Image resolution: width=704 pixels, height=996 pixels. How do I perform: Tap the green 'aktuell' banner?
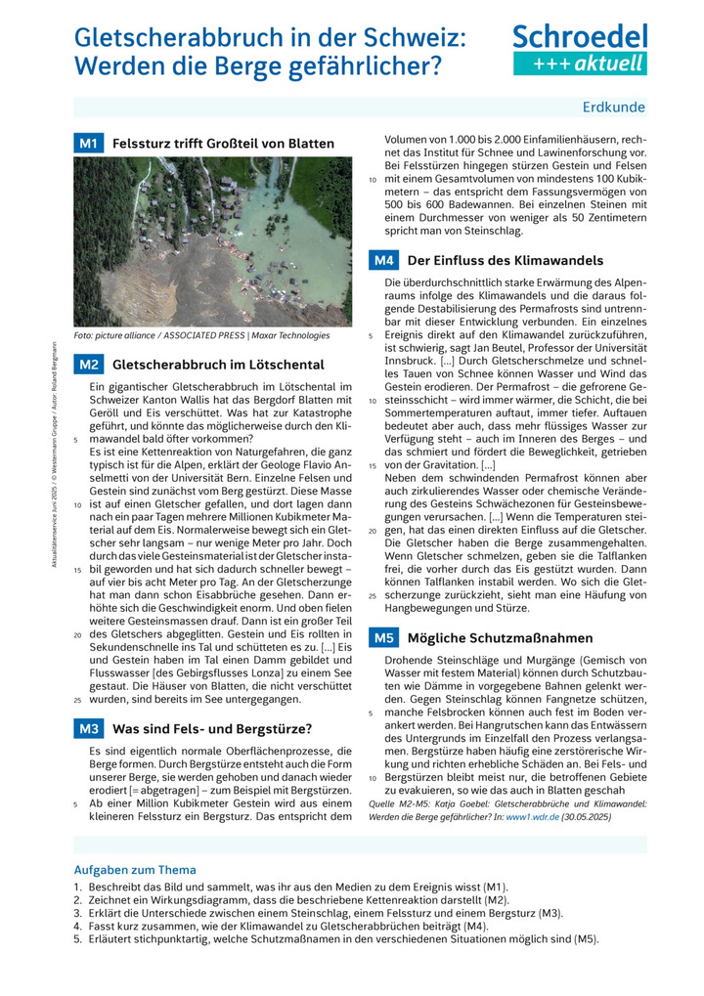(x=580, y=64)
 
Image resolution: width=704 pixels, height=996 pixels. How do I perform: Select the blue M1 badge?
(x=88, y=144)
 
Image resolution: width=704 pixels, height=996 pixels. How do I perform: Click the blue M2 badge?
(x=88, y=365)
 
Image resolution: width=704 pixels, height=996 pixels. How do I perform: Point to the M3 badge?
(x=88, y=728)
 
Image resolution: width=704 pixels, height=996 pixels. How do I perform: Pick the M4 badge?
(x=384, y=260)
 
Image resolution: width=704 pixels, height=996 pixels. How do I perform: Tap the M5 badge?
(x=384, y=638)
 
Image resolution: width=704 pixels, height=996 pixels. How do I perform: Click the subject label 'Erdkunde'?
(x=613, y=108)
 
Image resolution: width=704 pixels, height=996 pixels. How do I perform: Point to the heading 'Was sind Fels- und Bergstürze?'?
(x=212, y=728)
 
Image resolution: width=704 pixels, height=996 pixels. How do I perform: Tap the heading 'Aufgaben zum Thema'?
(x=135, y=869)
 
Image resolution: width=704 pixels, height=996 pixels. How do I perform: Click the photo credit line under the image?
(x=202, y=335)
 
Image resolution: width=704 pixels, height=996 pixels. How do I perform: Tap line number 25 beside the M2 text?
(x=76, y=700)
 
